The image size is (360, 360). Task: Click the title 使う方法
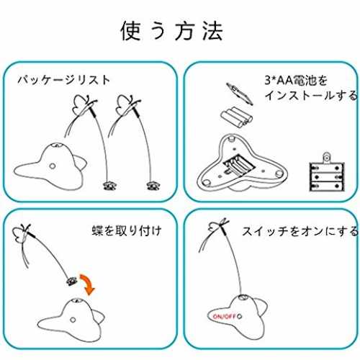[x=172, y=30]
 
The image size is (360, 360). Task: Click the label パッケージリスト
[x=64, y=80]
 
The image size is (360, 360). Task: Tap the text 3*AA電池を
[x=296, y=80]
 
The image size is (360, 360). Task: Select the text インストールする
[x=311, y=95]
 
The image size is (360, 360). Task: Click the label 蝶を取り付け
[x=127, y=230]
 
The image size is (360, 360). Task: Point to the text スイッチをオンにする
[x=300, y=231]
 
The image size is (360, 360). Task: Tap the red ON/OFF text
[x=224, y=316]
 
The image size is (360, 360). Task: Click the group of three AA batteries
[x=237, y=117]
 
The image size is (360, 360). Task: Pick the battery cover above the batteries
[x=240, y=94]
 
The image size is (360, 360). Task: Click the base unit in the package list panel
[x=50, y=167]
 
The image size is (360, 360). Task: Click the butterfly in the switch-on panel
[x=218, y=226]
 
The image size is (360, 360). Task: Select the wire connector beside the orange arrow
[x=72, y=281]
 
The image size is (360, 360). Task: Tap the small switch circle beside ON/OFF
[x=239, y=316]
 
